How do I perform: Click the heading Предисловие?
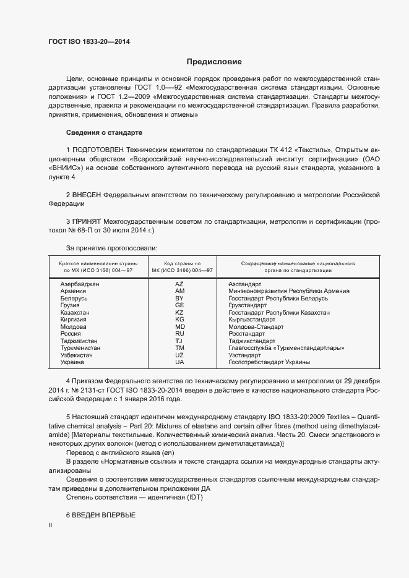[214, 62]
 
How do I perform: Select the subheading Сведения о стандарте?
[104, 133]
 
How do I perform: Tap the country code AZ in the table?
[179, 284]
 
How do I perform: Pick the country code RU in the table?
[179, 334]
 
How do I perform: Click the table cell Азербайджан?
[80, 284]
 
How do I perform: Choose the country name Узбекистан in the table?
[77, 355]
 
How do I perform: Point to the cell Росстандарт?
[248, 334]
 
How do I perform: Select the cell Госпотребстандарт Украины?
[269, 362]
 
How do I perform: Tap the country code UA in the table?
[179, 362]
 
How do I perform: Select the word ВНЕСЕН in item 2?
[87, 195]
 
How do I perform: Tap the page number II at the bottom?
[51, 525]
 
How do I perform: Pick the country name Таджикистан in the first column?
[79, 341]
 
